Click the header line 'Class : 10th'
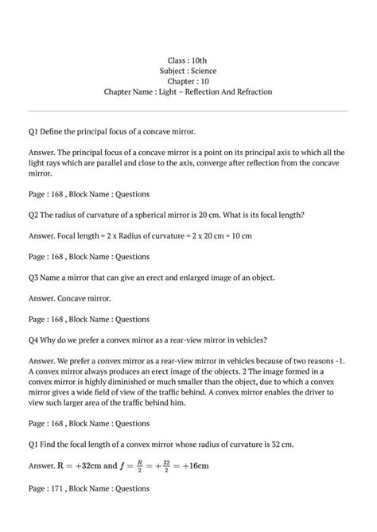click(x=188, y=60)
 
